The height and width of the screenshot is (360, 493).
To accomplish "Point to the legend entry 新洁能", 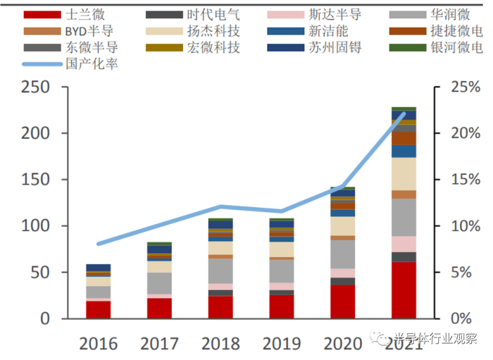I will [326, 31].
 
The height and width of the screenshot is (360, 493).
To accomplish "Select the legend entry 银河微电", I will [456, 48].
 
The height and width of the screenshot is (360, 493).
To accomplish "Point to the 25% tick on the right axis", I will [451, 87].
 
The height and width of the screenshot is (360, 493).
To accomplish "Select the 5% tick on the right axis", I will [451, 273].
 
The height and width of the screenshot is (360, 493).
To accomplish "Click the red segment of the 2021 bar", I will [404, 290].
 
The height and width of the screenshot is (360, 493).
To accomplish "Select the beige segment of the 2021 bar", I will [404, 173].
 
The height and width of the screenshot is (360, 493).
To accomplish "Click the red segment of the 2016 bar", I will [99, 309].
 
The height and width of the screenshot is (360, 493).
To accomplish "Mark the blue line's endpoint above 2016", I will [99, 244].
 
